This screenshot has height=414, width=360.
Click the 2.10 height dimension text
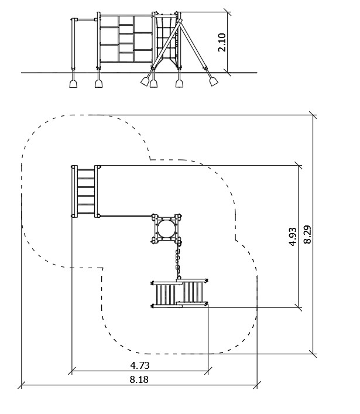(x=222, y=42)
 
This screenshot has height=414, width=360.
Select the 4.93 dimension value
(x=293, y=237)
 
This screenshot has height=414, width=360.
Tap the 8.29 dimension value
(x=307, y=234)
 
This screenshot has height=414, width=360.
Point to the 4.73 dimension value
(x=140, y=365)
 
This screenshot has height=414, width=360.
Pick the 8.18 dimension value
(x=139, y=379)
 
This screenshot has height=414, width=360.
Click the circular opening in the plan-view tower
(x=166, y=228)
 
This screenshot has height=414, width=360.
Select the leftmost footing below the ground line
(x=73, y=84)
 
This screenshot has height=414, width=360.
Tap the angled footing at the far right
(x=214, y=81)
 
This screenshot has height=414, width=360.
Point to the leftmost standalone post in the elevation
(x=74, y=44)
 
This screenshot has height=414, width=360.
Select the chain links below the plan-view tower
(x=178, y=261)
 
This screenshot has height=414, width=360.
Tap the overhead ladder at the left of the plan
(x=86, y=191)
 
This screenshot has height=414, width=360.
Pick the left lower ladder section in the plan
(x=166, y=295)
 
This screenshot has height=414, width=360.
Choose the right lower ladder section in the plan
(x=193, y=291)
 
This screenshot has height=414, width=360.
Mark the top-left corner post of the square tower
(x=155, y=217)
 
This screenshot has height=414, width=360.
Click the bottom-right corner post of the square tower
(x=178, y=241)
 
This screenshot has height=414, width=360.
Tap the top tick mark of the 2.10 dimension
(x=228, y=12)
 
